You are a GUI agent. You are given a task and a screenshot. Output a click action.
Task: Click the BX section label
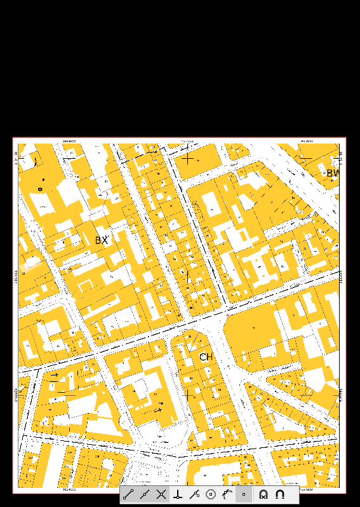pyautogui.click(x=102, y=241)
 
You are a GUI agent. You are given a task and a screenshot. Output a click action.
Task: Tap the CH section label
pyautogui.click(x=206, y=357)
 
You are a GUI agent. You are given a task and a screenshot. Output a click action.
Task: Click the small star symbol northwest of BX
pyautogui.click(x=40, y=189)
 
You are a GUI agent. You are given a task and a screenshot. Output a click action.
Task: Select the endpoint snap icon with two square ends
pyautogui.click(x=128, y=494)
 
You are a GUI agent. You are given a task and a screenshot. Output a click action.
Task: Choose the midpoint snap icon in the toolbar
pyautogui.click(x=145, y=494)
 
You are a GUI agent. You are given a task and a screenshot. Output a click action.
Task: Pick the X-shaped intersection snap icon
pyautogui.click(x=161, y=494)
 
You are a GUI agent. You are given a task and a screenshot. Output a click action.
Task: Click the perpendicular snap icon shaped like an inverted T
pyautogui.click(x=178, y=494)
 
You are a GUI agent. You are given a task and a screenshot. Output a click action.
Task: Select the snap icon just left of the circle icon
pyautogui.click(x=194, y=494)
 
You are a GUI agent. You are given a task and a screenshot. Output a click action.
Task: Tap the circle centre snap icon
pyautogui.click(x=211, y=494)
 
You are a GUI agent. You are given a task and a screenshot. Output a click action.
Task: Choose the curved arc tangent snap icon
pyautogui.click(x=227, y=494)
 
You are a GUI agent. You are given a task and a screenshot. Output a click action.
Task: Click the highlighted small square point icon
pyautogui.click(x=244, y=494)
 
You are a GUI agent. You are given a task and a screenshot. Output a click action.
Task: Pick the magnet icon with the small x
pyautogui.click(x=263, y=494)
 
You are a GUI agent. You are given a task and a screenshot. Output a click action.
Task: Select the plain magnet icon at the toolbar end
pyautogui.click(x=280, y=494)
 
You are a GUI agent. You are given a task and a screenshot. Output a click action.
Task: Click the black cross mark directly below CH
pyautogui.click(x=189, y=395)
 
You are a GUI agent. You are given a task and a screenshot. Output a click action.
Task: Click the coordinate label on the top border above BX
pyautogui.click(x=70, y=141)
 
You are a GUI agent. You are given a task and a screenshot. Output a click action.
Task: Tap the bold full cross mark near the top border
pyautogui.click(x=187, y=159)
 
